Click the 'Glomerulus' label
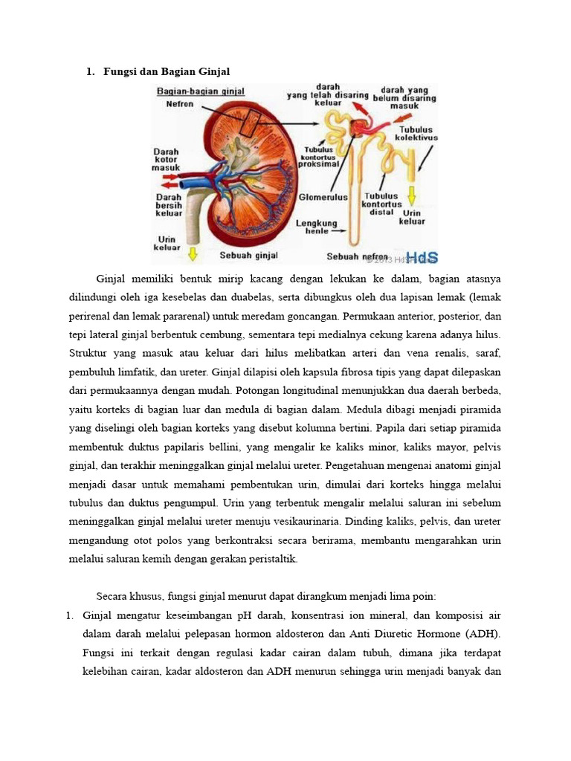point(323,198)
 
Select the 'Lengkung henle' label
point(317,227)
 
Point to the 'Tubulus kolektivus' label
point(416,133)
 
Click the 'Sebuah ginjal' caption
point(248,256)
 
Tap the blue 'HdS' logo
point(421,257)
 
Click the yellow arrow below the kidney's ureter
point(193,254)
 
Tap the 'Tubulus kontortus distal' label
point(381,204)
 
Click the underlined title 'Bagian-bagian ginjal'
point(200,91)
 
